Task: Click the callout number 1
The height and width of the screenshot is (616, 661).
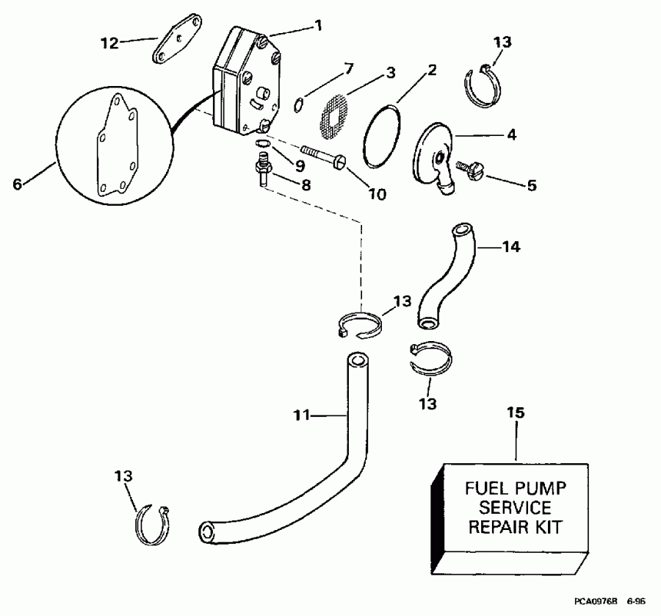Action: click(319, 24)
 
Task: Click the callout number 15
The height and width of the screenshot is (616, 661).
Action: click(516, 413)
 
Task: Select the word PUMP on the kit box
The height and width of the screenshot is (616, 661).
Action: click(538, 488)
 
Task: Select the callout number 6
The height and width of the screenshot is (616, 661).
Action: click(18, 185)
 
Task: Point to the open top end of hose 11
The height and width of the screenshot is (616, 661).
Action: click(357, 361)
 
